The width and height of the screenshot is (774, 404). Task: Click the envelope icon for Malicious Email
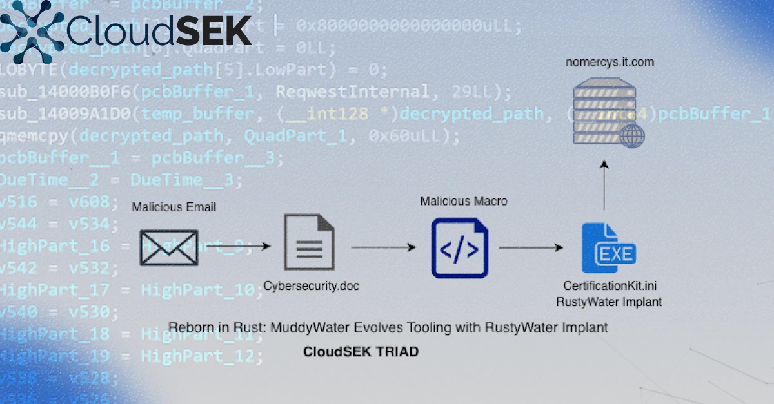pyautogui.click(x=169, y=247)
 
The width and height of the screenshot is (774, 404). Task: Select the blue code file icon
pyautogui.click(x=459, y=248)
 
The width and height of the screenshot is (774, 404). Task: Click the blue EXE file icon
pyautogui.click(x=608, y=248)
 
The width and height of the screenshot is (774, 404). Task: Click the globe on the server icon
pyautogui.click(x=631, y=136)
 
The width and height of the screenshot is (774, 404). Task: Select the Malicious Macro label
pyautogui.click(x=464, y=201)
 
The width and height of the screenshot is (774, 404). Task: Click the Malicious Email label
pyautogui.click(x=174, y=207)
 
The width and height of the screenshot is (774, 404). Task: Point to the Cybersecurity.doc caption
pyautogui.click(x=312, y=286)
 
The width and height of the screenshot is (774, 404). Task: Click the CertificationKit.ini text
pyautogui.click(x=610, y=285)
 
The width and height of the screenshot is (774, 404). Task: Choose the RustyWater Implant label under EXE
pyautogui.click(x=610, y=301)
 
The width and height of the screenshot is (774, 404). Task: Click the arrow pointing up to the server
pyautogui.click(x=604, y=187)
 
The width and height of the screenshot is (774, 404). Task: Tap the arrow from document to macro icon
pyautogui.click(x=383, y=247)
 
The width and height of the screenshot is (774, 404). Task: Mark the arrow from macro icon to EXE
pyautogui.click(x=531, y=247)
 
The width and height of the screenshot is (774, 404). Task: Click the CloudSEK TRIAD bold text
pyautogui.click(x=361, y=352)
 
